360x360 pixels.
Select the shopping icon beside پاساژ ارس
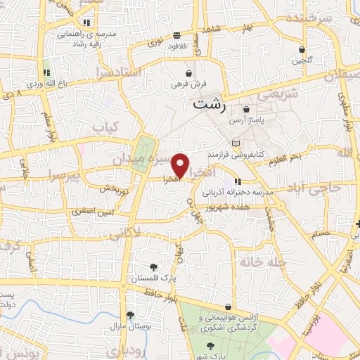247,110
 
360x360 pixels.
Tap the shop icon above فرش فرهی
188,73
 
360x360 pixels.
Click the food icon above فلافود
176,35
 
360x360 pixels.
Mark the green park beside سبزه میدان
146,152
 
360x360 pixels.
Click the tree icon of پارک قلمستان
154,266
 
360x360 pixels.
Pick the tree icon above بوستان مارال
129,315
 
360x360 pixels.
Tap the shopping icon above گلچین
302,50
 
